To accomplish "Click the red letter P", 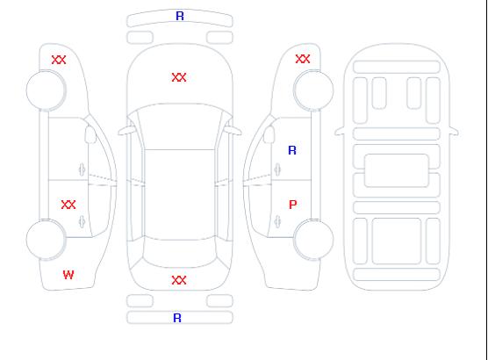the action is tap(293, 205).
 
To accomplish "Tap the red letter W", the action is tap(68, 275).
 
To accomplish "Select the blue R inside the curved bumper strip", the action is tap(180, 16).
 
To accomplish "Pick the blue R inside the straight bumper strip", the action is tap(177, 318).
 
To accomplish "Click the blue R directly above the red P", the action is tap(292, 150).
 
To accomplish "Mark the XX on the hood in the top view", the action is tap(179, 77).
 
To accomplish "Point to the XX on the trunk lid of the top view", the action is tap(179, 280).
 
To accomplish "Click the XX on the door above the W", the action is tap(68, 205).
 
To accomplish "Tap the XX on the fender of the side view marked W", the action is tap(59, 60).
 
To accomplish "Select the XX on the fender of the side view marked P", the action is tap(303, 59).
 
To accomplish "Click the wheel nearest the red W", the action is tap(46, 240).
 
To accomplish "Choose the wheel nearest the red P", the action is tap(313, 240).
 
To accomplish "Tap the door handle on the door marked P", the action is tap(277, 221).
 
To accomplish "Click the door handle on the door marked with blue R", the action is tap(277, 169).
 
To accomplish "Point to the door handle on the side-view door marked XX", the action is tap(82, 221).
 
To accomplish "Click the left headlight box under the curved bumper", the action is tap(140, 38).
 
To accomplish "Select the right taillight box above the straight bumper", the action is tap(219, 301).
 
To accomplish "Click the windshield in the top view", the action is tap(180, 126).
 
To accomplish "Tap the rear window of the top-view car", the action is tap(179, 254).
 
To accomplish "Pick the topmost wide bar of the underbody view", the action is tap(397, 68).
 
